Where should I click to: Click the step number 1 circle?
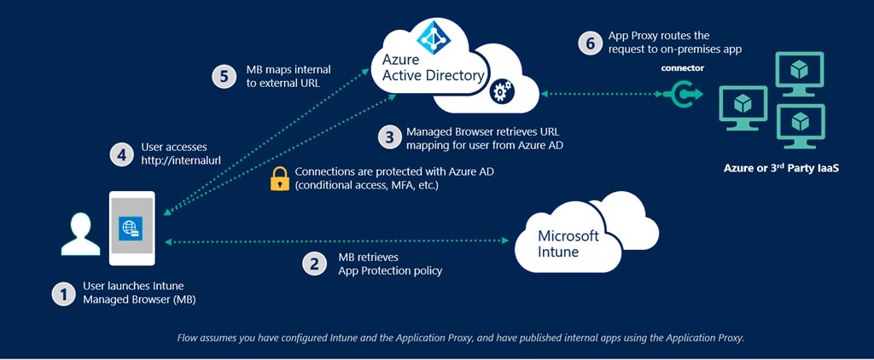tap(63, 293)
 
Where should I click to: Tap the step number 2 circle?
tap(315, 264)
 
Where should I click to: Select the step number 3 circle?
tap(388, 137)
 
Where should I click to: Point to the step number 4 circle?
tap(121, 154)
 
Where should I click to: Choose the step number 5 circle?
tap(224, 76)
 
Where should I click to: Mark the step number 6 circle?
tap(590, 44)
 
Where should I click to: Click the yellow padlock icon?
tap(279, 178)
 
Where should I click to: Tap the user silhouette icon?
tap(79, 235)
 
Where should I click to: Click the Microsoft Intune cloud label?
tap(568, 243)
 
